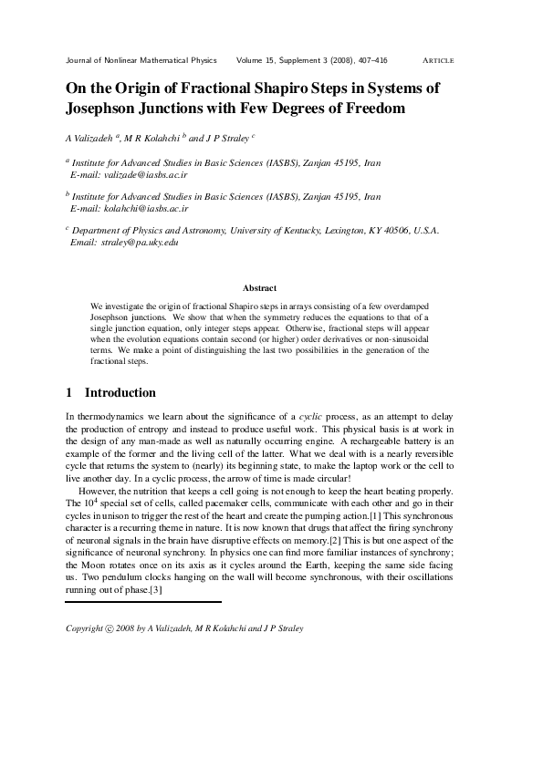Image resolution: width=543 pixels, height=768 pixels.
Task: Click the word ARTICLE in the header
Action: (x=439, y=60)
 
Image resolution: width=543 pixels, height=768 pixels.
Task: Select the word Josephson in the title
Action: (x=104, y=109)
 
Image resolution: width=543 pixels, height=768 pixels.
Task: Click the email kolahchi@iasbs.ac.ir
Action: (x=145, y=207)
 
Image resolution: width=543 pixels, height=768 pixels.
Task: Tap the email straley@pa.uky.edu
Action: (x=141, y=242)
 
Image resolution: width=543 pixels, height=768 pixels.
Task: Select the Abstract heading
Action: (x=260, y=288)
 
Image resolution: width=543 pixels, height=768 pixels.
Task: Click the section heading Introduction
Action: (x=120, y=393)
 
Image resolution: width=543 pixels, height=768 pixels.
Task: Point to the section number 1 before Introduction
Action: (x=69, y=393)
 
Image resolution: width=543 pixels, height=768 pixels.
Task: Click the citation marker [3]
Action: (x=156, y=591)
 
